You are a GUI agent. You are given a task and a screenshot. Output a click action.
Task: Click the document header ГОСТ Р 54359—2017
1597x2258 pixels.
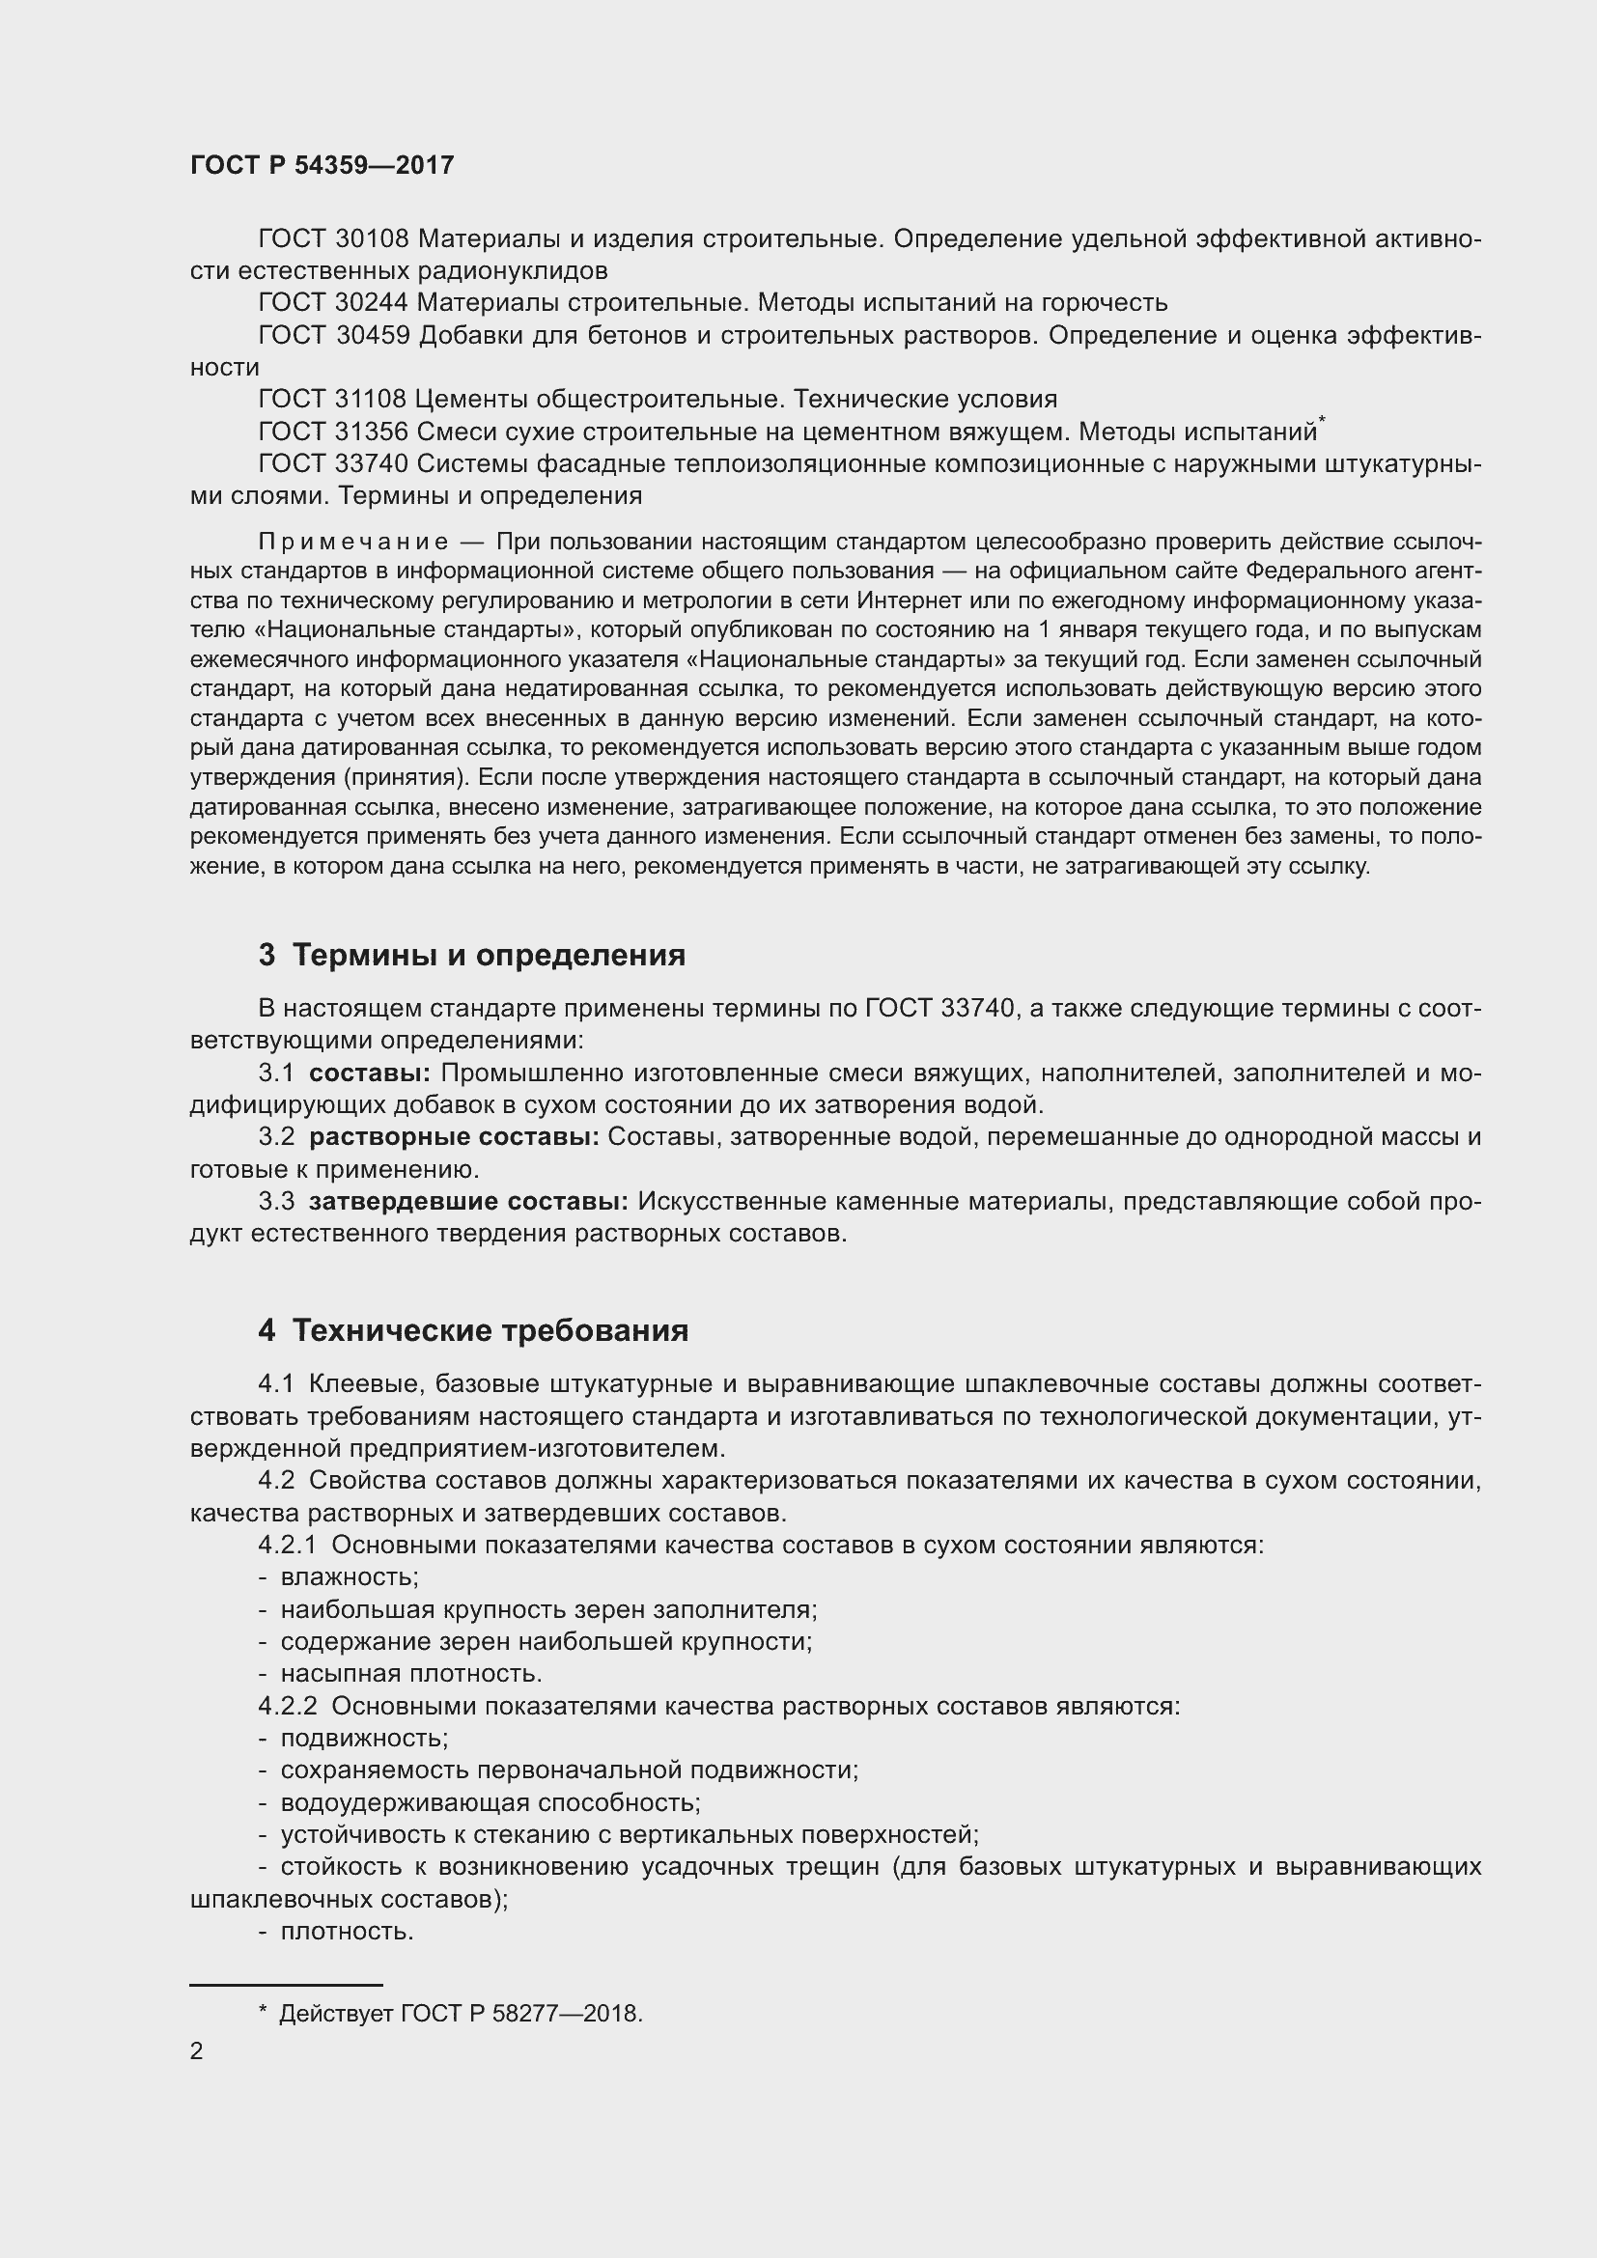coord(322,165)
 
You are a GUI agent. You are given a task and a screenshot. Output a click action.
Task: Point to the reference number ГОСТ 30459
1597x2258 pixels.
coord(333,335)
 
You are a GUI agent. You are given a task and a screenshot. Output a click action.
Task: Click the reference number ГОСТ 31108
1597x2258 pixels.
coord(331,400)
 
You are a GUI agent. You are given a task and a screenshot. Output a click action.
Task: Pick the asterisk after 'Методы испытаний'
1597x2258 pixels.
coord(1322,421)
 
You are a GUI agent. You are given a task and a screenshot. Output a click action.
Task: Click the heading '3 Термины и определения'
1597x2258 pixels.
coord(472,955)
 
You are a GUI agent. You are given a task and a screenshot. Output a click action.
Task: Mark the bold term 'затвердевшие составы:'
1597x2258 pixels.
coord(468,1201)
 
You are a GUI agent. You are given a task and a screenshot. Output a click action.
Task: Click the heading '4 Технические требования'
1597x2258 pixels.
coord(473,1330)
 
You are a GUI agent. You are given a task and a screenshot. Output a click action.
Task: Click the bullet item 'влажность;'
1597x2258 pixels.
coord(350,1576)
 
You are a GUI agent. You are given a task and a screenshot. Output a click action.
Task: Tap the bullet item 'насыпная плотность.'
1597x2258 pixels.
coord(411,1673)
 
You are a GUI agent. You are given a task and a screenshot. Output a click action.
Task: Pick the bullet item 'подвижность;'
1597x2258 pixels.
coord(364,1738)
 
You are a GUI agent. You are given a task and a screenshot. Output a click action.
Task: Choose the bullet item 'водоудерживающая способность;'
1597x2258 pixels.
coord(490,1802)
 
